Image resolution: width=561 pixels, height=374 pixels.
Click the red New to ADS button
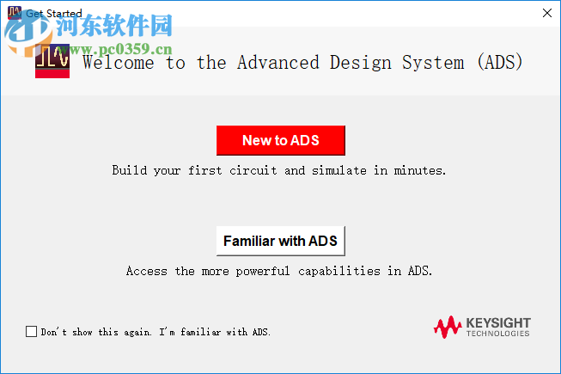[x=280, y=140]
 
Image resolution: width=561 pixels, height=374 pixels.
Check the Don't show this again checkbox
[x=32, y=331]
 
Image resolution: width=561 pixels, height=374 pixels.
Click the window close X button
[x=547, y=13]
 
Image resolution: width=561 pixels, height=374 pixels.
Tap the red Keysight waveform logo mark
[x=447, y=327]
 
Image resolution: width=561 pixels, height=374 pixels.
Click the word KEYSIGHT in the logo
[x=498, y=322]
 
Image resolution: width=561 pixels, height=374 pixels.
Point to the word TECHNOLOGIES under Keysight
[x=498, y=334]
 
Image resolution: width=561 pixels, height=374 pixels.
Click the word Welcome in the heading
[x=119, y=63]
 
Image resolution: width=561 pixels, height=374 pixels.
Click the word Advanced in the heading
[x=277, y=63]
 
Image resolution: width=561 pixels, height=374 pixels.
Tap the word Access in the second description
[x=147, y=271]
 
